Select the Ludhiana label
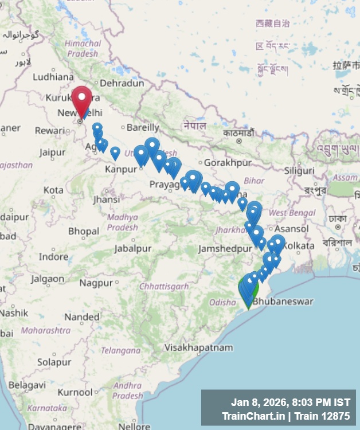click(x=53, y=77)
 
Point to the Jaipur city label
click(x=52, y=153)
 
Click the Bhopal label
click(x=84, y=232)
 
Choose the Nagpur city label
click(x=96, y=283)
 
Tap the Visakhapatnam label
click(x=198, y=347)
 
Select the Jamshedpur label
click(x=225, y=249)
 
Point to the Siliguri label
click(x=299, y=170)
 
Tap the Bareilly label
click(x=143, y=127)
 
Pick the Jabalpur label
click(x=132, y=249)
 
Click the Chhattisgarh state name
click(x=164, y=286)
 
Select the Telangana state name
click(x=121, y=350)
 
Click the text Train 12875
click(x=322, y=415)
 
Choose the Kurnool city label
click(x=75, y=393)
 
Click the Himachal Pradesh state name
click(x=83, y=48)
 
